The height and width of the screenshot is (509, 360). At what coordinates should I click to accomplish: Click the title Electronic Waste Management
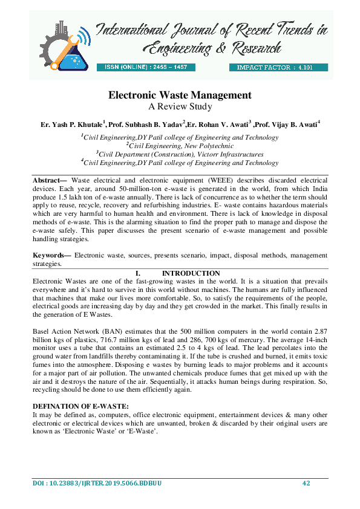tap(180, 96)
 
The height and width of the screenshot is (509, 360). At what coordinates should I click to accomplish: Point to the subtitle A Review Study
tap(180, 107)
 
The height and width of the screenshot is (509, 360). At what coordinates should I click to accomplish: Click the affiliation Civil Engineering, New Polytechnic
tap(179, 146)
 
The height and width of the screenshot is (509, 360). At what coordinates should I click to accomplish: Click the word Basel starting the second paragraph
tap(41, 332)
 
